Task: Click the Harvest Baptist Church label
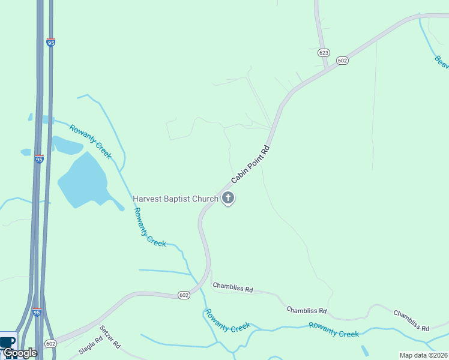click(175, 199)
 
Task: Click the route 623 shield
click(324, 53)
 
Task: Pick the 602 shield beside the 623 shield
click(342, 60)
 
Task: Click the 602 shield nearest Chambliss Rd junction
click(184, 295)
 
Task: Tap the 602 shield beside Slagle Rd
click(50, 344)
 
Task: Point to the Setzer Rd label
click(110, 337)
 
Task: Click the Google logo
click(20, 353)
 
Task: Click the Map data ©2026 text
click(424, 355)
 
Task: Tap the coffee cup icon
click(8, 341)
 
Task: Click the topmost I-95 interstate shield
click(52, 43)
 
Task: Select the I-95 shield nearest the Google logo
click(37, 312)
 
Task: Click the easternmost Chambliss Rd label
click(411, 321)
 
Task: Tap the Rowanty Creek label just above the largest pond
click(91, 141)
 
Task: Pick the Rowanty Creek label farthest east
click(334, 329)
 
